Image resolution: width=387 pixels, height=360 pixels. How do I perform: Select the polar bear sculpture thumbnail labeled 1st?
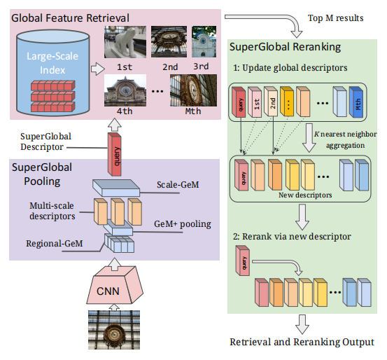coord(125,42)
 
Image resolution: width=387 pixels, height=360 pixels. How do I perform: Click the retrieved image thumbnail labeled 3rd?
coord(204,41)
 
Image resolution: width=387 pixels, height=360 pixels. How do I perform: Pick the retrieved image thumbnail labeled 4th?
coord(125,90)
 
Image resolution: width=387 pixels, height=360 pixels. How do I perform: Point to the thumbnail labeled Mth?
coord(193,90)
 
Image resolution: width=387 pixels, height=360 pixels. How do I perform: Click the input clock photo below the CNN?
coord(114,330)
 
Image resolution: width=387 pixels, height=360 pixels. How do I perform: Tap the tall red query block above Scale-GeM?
coord(115,154)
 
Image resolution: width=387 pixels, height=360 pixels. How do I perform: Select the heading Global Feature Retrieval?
coord(71,18)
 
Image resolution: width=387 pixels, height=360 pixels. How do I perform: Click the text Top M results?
coord(335,18)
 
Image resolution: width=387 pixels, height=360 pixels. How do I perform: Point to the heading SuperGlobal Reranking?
coord(285,47)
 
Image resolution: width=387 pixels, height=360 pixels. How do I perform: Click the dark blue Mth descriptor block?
coord(356,102)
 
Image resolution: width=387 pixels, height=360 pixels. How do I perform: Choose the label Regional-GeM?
coord(55,244)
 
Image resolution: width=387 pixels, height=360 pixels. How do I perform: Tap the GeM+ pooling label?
coord(183,224)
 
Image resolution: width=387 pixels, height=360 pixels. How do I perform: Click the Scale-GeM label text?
coord(178,185)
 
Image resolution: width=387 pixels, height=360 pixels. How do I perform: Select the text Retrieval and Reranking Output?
coord(302,342)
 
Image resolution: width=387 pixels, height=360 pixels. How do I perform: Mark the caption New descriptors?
coord(305,195)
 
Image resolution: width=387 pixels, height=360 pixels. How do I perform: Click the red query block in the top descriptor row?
coord(239,102)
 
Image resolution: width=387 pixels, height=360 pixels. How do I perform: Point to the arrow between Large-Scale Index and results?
coord(98,69)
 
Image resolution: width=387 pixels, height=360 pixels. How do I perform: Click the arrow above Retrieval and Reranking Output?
coord(302,324)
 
